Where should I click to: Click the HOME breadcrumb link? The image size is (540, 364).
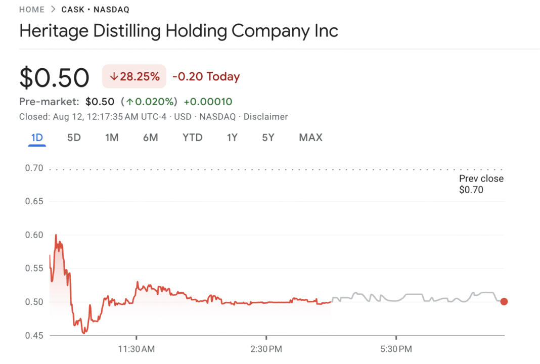point(31,10)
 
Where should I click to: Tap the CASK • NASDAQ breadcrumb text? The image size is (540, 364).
point(96,10)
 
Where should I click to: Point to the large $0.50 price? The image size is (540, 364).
point(54,77)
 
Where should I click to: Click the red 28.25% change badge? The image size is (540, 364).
point(134,76)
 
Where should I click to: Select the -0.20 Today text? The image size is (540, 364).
point(206,77)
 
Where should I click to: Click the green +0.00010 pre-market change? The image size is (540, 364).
point(208,102)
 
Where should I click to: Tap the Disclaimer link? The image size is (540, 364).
point(265,117)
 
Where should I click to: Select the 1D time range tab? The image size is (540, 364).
point(37,138)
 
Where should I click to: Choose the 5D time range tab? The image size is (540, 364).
point(74,138)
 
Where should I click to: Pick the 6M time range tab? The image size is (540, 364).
point(150,138)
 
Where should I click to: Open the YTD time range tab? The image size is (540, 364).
point(192,138)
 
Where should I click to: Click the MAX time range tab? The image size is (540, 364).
point(310,138)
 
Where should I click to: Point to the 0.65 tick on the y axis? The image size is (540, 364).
point(34,201)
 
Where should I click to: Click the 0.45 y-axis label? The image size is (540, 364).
point(34,335)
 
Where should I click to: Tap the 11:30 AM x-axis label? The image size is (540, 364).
point(137,349)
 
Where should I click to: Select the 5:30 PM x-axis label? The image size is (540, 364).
point(396,349)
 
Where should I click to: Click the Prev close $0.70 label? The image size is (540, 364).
point(481,184)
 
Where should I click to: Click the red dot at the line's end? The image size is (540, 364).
point(504,302)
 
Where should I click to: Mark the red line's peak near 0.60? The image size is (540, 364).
point(56,235)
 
